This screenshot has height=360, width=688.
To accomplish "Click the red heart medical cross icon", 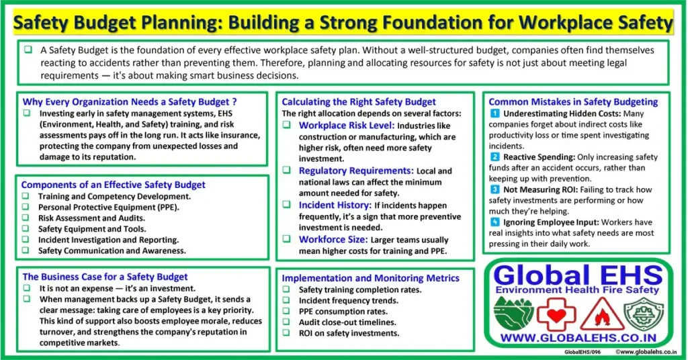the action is coord(556,314).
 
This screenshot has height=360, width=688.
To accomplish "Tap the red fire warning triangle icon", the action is coord(602,314).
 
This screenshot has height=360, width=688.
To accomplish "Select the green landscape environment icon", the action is coord(513,313).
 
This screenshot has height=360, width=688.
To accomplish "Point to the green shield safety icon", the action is coord(644,314).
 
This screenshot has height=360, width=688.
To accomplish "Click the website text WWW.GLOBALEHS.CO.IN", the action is coord(578,338).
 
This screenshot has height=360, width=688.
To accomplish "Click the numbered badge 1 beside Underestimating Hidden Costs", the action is coord(494,114).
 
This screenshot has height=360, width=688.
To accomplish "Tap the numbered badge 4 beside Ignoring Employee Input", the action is coord(494,222).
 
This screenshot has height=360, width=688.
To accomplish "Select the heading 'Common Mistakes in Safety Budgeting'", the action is coord(573,101).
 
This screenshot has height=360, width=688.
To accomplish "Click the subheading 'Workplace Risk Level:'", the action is coord(347,126).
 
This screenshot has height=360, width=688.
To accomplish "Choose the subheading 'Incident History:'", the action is coord(335,206).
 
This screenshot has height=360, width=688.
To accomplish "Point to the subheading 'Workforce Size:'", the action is coord(333,239).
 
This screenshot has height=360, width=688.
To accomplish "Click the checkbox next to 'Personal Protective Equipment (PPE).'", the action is coord(26,206).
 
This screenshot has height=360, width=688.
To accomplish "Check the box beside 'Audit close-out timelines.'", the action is coord(286,322).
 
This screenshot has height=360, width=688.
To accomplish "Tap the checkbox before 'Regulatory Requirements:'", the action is coord(286,170).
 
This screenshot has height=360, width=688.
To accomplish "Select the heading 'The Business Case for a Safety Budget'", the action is coord(105,277).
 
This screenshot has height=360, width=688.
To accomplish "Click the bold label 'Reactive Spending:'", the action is coord(540,157).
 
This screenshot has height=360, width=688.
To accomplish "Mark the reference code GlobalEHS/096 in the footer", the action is coord(583,352).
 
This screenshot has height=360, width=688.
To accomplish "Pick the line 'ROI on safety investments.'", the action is coord(349,333).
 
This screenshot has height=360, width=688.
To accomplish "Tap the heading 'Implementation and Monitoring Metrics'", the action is coord(370,278).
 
